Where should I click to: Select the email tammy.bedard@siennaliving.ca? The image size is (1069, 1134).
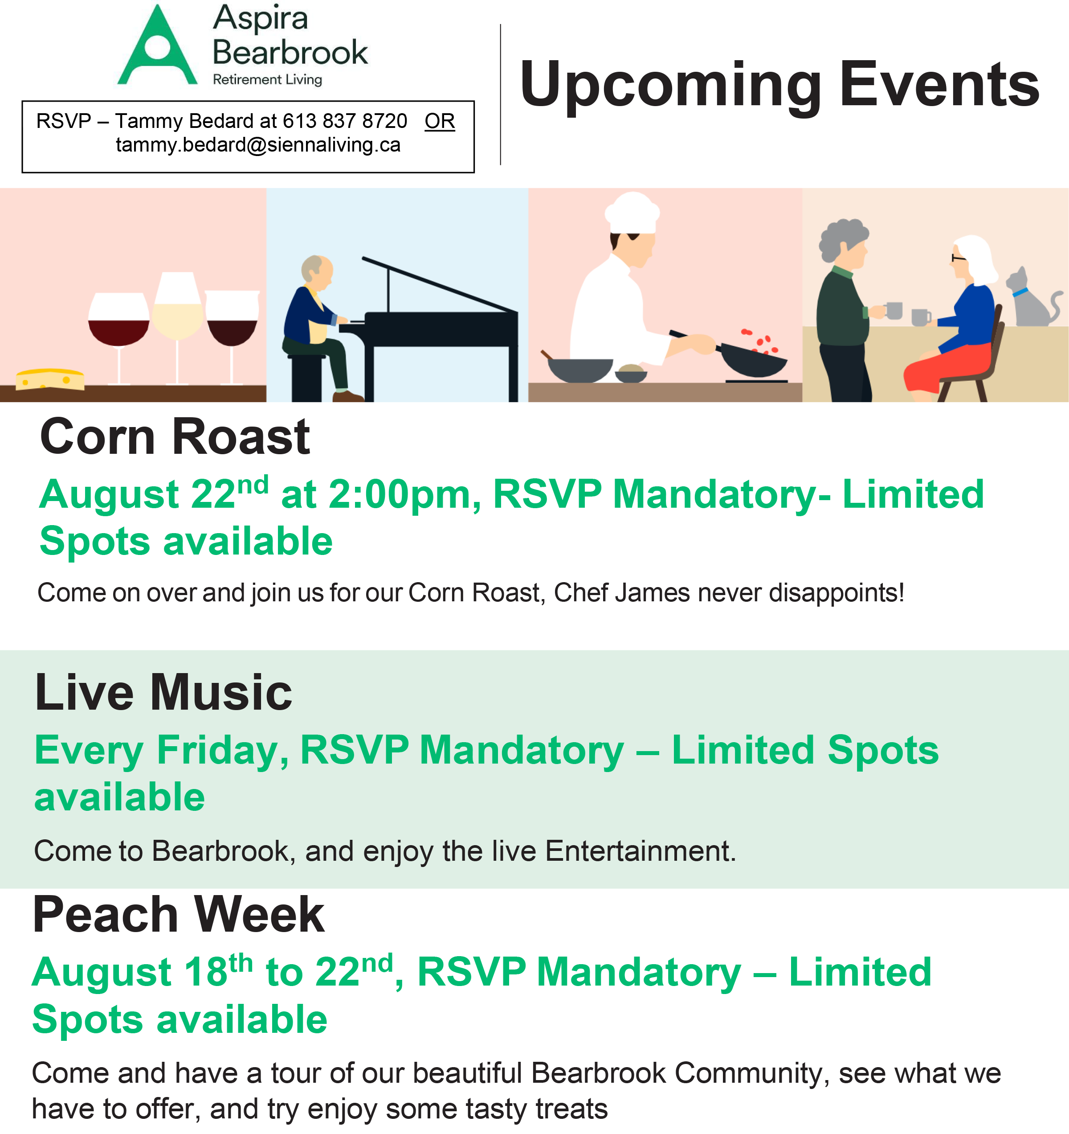258,145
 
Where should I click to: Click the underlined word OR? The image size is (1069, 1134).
439,121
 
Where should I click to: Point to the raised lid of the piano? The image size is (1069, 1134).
439,285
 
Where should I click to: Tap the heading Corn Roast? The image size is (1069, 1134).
175,437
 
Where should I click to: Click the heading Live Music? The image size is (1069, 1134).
163,693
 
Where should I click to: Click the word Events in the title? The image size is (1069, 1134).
939,84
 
